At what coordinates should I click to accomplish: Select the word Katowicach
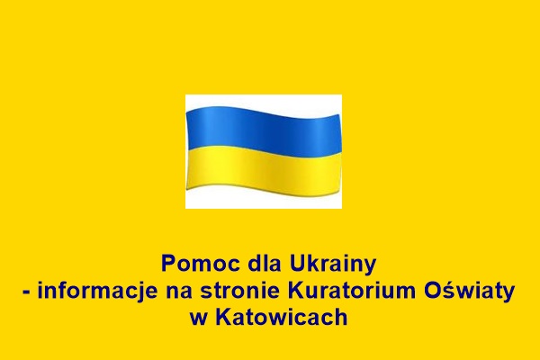pyautogui.click(x=282, y=317)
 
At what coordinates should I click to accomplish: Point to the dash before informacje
pyautogui.click(x=26, y=292)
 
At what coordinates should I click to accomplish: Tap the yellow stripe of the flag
pyautogui.click(x=264, y=170)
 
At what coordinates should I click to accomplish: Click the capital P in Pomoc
pyautogui.click(x=168, y=264)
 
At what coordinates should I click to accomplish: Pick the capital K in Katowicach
pyautogui.click(x=224, y=317)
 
